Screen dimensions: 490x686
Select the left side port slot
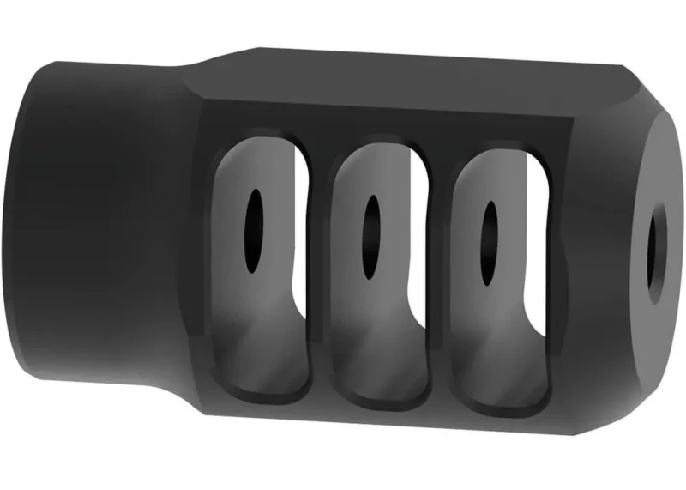pyautogui.click(x=257, y=266)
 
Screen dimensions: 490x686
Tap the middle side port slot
pyautogui.click(x=377, y=275)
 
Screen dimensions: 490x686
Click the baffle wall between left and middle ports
pyautogui.click(x=318, y=275)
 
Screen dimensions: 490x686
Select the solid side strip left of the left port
pyautogui.click(x=206, y=257)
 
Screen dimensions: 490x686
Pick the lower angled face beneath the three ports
pyautogui.click(x=386, y=429)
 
